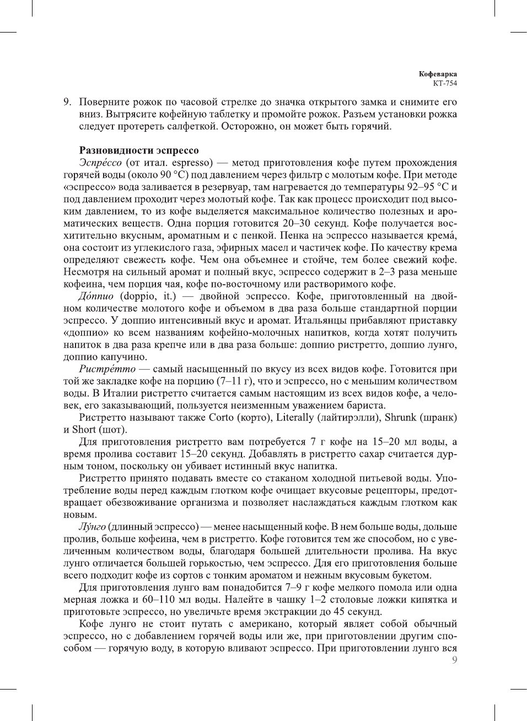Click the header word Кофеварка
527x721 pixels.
click(x=438, y=74)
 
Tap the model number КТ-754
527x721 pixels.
click(x=445, y=83)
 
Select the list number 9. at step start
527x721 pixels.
click(x=68, y=102)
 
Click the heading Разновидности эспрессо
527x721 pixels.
click(x=139, y=150)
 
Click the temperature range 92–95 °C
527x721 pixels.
click(x=427, y=187)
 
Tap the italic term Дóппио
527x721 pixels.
click(x=96, y=296)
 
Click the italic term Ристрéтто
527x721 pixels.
click(x=107, y=369)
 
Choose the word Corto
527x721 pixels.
click(x=221, y=418)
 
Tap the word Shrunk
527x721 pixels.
click(x=401, y=418)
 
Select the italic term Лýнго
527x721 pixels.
click(x=92, y=527)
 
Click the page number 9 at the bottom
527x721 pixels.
click(x=454, y=660)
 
